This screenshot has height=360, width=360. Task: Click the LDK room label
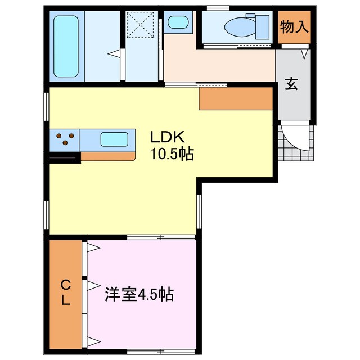[164, 137]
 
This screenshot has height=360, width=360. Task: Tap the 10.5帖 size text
[172, 154]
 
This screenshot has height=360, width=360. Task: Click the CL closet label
[66, 292]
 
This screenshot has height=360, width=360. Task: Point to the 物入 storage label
[294, 27]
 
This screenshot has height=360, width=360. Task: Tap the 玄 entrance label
[292, 84]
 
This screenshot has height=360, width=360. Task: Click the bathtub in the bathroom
[66, 46]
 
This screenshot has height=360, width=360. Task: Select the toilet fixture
[239, 26]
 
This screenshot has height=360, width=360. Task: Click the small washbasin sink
[178, 23]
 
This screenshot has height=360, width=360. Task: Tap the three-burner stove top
[65, 138]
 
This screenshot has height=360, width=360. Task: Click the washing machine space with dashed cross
[142, 25]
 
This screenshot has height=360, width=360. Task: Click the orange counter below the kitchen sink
[107, 156]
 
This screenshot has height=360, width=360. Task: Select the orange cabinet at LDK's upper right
[236, 99]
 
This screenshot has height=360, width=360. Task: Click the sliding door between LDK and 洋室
[161, 237]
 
